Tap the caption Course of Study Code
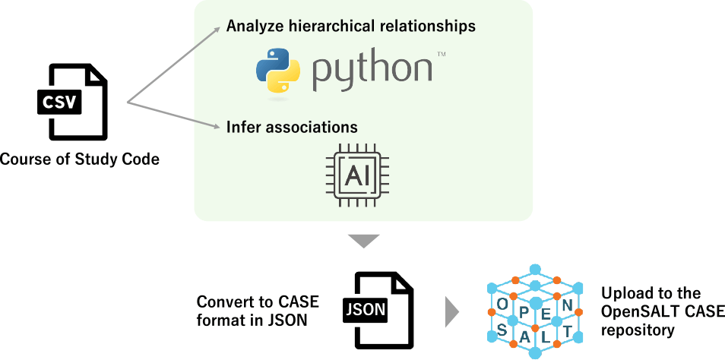point(79,159)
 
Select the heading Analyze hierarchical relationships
point(350,26)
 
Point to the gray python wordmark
point(372,70)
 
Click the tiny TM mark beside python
point(441,55)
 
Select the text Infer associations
point(292,126)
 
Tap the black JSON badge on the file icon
point(366,310)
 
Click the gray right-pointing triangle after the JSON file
point(452,311)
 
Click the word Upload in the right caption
point(625,293)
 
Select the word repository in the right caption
point(637,330)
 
